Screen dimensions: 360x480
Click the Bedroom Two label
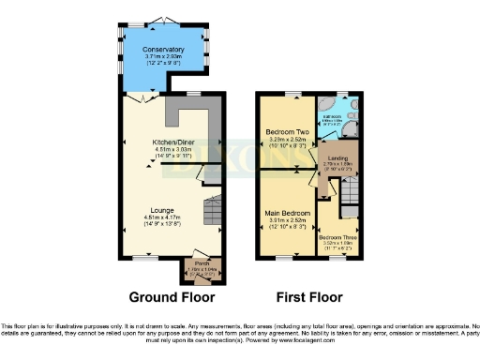[287, 132]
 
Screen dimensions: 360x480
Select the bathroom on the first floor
[335, 116]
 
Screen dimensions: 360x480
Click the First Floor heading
[307, 297]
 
